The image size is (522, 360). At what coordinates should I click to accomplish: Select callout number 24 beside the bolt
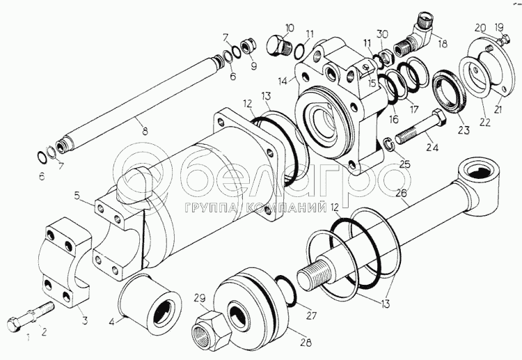pyautogui.click(x=432, y=147)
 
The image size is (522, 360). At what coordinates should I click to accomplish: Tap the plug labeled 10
pyautogui.click(x=279, y=45)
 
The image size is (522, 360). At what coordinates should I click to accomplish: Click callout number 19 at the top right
pyautogui.click(x=499, y=28)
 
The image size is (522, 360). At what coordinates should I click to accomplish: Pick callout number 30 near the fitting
pyautogui.click(x=381, y=34)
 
